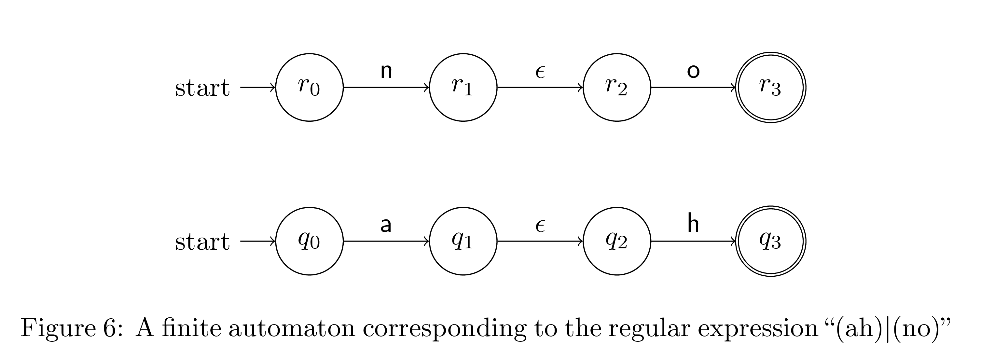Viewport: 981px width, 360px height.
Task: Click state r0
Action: tap(309, 87)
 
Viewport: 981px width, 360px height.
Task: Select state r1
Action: tap(463, 87)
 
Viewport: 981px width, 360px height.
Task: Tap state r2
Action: tap(617, 87)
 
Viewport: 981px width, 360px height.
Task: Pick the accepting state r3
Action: tap(770, 87)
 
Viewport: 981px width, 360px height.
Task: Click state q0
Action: tap(309, 241)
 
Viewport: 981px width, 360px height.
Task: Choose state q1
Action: tap(463, 241)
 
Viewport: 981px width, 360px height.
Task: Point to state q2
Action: tap(617, 241)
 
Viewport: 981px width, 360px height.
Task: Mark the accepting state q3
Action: tap(770, 241)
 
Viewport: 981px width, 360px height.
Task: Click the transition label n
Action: tap(386, 71)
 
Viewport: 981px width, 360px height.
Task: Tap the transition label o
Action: tap(693, 71)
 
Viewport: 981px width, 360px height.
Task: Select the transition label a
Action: tap(386, 225)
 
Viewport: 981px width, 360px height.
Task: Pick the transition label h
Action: tap(693, 224)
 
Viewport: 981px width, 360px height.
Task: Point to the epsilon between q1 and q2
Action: tap(540, 226)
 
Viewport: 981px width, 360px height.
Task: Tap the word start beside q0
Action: tap(202, 242)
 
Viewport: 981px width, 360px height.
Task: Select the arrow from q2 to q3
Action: tap(693, 241)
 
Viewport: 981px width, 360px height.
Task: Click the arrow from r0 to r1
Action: tap(386, 87)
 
